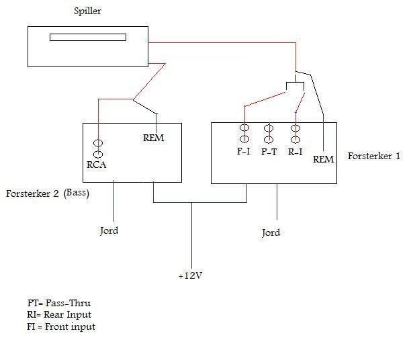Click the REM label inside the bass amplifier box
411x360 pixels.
click(154, 138)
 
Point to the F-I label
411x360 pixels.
click(243, 151)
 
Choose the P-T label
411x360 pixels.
click(269, 151)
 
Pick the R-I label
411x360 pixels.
click(295, 151)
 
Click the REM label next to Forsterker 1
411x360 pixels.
click(323, 159)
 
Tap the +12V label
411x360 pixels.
click(190, 275)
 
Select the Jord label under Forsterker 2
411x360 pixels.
click(109, 230)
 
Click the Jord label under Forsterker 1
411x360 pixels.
click(271, 232)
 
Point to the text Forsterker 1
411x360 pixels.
click(373, 156)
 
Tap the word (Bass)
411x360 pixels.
click(77, 193)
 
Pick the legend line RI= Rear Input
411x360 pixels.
click(55, 314)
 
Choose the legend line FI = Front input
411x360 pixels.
click(57, 326)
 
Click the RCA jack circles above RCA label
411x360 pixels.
click(98, 148)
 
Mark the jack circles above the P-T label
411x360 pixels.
click(269, 133)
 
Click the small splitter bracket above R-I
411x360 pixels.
click(295, 86)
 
